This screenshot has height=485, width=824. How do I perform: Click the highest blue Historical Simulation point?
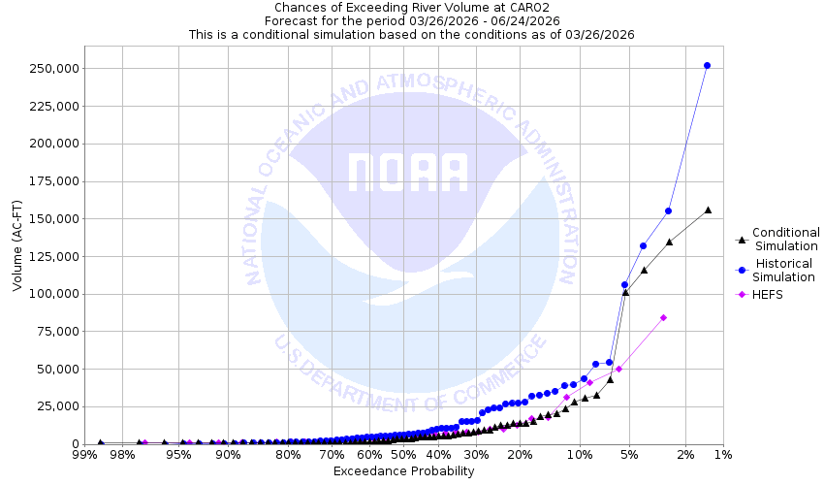707,66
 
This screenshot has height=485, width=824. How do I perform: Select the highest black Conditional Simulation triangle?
709,210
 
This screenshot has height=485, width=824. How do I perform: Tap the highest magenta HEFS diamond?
664,317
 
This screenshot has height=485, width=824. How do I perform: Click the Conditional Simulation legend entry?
785,239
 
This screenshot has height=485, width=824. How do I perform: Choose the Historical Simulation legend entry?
785,270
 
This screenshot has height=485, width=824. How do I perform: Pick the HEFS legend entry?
767,295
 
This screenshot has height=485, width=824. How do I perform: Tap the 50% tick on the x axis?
403,455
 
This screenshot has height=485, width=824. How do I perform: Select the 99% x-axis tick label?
83,455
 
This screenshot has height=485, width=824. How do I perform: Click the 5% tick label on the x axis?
629,455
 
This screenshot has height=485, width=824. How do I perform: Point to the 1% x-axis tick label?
722,455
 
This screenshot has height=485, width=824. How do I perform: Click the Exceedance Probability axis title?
403,471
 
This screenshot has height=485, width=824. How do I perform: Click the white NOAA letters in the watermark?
407,173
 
